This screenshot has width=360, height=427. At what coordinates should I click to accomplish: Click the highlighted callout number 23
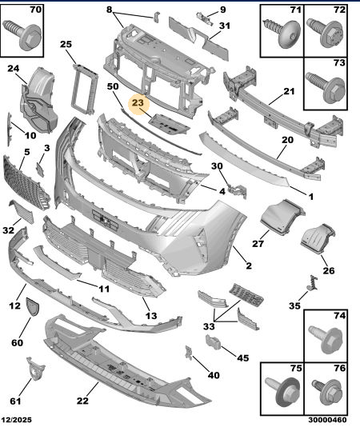(138, 103)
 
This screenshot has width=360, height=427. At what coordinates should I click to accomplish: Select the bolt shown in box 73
(326, 87)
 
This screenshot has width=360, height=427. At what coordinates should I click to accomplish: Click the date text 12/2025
(16, 420)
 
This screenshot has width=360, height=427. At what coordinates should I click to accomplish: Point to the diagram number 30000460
(327, 420)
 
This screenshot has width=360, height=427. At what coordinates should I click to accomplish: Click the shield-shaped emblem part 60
(33, 306)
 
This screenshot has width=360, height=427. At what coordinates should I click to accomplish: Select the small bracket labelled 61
(35, 369)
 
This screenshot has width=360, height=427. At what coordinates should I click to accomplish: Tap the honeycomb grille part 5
(26, 182)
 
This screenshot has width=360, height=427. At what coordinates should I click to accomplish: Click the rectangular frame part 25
(85, 89)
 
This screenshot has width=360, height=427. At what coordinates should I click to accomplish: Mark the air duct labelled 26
(318, 239)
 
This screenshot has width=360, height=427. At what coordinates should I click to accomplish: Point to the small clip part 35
(313, 282)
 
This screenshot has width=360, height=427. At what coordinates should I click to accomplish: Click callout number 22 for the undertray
(82, 401)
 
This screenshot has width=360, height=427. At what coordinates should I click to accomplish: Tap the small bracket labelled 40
(189, 353)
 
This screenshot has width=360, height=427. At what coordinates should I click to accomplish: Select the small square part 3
(40, 170)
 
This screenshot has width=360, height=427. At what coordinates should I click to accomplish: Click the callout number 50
(113, 86)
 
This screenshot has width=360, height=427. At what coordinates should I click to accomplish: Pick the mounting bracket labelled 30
(237, 190)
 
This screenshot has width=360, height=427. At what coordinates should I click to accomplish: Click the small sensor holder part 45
(213, 341)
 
